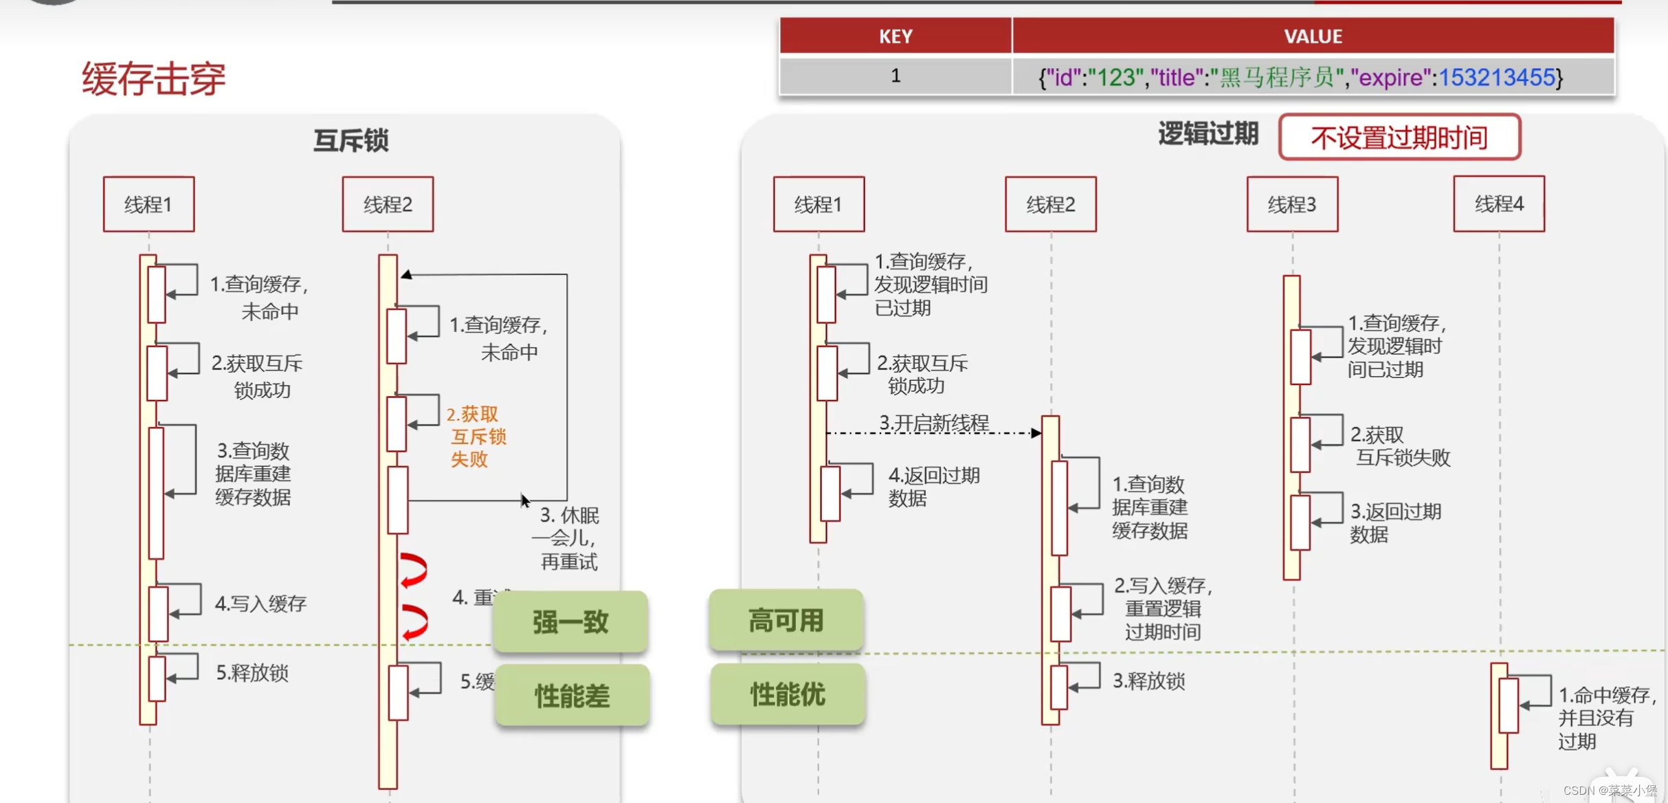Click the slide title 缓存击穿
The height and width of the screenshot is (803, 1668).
click(x=153, y=78)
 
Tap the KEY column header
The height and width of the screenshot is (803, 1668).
click(x=896, y=36)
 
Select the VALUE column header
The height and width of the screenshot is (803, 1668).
click(x=1313, y=36)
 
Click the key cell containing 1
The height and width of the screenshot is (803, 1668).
click(x=896, y=76)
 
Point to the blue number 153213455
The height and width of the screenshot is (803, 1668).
click(x=1497, y=78)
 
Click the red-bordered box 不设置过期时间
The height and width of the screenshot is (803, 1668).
click(x=1399, y=137)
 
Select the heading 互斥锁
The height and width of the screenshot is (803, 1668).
click(x=351, y=140)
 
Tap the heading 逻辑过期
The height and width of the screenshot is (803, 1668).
click(x=1208, y=133)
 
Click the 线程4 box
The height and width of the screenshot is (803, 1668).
click(x=1499, y=204)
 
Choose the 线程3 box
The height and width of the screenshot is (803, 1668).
click(x=1292, y=204)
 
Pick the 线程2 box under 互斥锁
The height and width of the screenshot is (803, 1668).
click(x=388, y=204)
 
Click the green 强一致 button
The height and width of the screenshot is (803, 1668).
click(x=570, y=621)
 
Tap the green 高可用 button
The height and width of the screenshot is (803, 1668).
click(x=786, y=620)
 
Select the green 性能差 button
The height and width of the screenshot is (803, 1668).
click(x=572, y=696)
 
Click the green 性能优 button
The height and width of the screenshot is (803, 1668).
click(x=787, y=694)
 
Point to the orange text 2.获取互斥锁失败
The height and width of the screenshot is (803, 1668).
click(x=476, y=437)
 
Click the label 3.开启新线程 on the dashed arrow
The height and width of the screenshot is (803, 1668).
click(x=934, y=423)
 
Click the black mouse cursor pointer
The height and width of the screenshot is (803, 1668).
click(x=524, y=500)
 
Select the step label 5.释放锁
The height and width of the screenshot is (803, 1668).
click(x=252, y=672)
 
